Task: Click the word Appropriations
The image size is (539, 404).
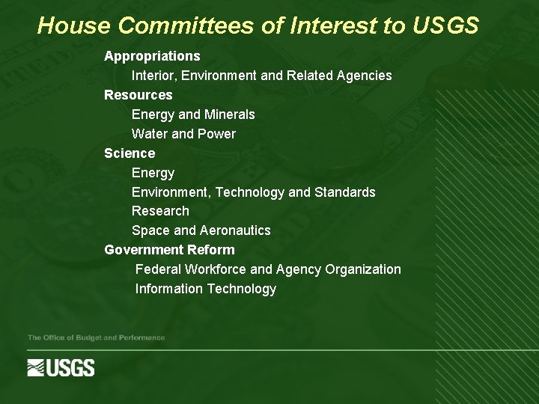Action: pyautogui.click(x=152, y=56)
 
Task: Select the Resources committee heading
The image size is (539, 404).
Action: pyautogui.click(x=138, y=95)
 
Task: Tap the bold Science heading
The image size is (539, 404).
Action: pyautogui.click(x=130, y=153)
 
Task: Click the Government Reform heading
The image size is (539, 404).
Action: pyautogui.click(x=169, y=250)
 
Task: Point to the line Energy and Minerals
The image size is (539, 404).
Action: pyautogui.click(x=193, y=114)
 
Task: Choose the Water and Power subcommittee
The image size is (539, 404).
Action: pyautogui.click(x=183, y=134)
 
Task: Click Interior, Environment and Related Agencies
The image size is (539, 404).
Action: pyautogui.click(x=261, y=76)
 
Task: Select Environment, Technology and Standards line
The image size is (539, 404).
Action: pyautogui.click(x=253, y=192)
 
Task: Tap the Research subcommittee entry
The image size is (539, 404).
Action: pyautogui.click(x=160, y=211)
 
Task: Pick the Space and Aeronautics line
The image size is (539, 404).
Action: pyautogui.click(x=201, y=230)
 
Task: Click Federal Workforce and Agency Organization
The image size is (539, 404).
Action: pyautogui.click(x=268, y=269)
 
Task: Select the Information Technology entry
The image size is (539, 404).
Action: pyautogui.click(x=205, y=289)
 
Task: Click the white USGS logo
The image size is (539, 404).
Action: pyautogui.click(x=61, y=367)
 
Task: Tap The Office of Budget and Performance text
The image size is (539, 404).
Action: pyautogui.click(x=96, y=338)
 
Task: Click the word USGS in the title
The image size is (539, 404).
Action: pyautogui.click(x=445, y=26)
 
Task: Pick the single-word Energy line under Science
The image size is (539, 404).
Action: pyautogui.click(x=153, y=173)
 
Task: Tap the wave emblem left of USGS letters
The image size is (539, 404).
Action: pyautogui.click(x=37, y=367)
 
